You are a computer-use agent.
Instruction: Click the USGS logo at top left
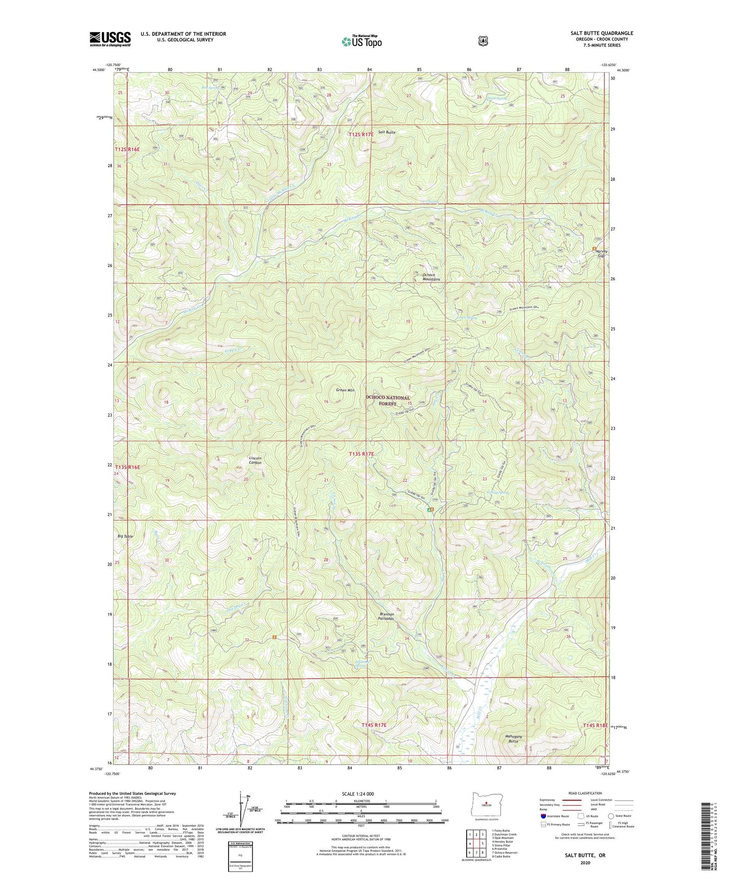(x=110, y=39)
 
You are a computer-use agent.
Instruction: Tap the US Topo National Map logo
(x=361, y=41)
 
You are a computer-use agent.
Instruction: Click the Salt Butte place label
(x=387, y=132)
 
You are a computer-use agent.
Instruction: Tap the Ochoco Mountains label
(x=431, y=277)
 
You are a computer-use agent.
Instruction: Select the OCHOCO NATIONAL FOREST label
(x=387, y=401)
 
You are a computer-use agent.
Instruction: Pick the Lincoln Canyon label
(x=256, y=460)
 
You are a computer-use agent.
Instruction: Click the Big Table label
(x=125, y=536)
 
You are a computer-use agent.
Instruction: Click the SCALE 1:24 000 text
(x=358, y=794)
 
